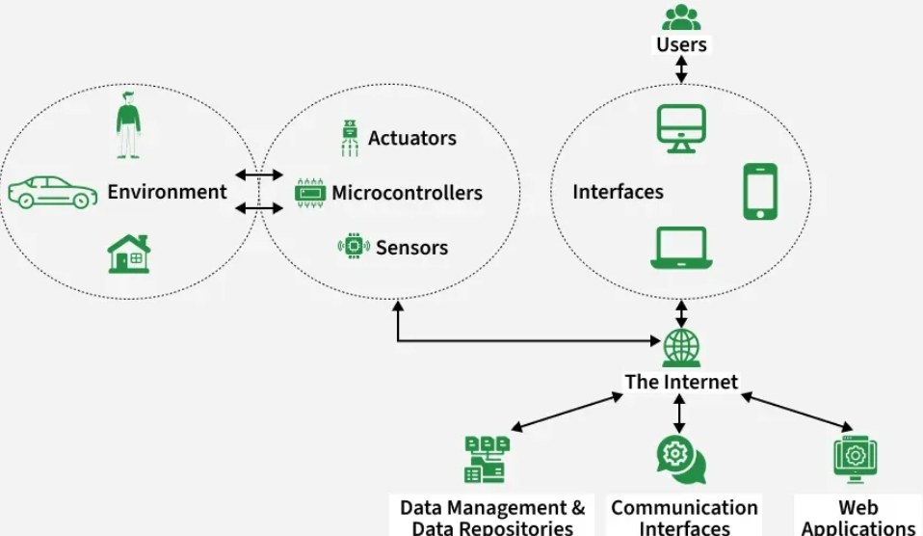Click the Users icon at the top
(681, 17)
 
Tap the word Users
(681, 44)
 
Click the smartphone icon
(760, 192)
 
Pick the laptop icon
(680, 249)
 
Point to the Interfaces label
(618, 192)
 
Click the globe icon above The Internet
(681, 348)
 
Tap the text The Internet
(681, 382)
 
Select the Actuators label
(412, 138)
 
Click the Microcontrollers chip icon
(310, 193)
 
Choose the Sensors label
(411, 248)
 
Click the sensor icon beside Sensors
(354, 247)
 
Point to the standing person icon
(128, 124)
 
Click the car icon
(52, 192)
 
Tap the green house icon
(128, 254)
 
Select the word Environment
(167, 192)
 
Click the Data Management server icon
(486, 459)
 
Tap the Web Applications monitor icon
(855, 459)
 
